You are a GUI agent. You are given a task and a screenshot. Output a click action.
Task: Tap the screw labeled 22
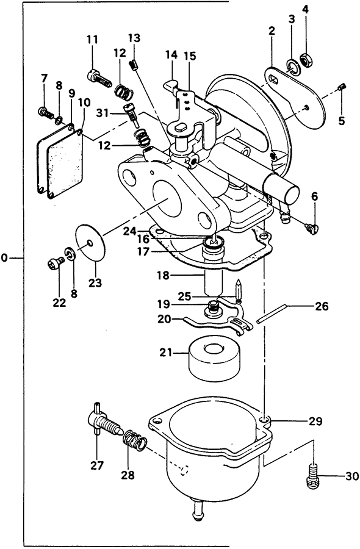55,263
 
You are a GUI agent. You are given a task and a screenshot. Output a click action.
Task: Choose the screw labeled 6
312,229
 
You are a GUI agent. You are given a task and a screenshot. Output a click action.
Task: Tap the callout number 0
4,258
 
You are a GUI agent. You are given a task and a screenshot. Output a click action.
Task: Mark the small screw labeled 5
342,87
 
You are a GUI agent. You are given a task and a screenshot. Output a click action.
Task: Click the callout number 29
315,421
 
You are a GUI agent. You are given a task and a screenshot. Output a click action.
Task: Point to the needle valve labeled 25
238,291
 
